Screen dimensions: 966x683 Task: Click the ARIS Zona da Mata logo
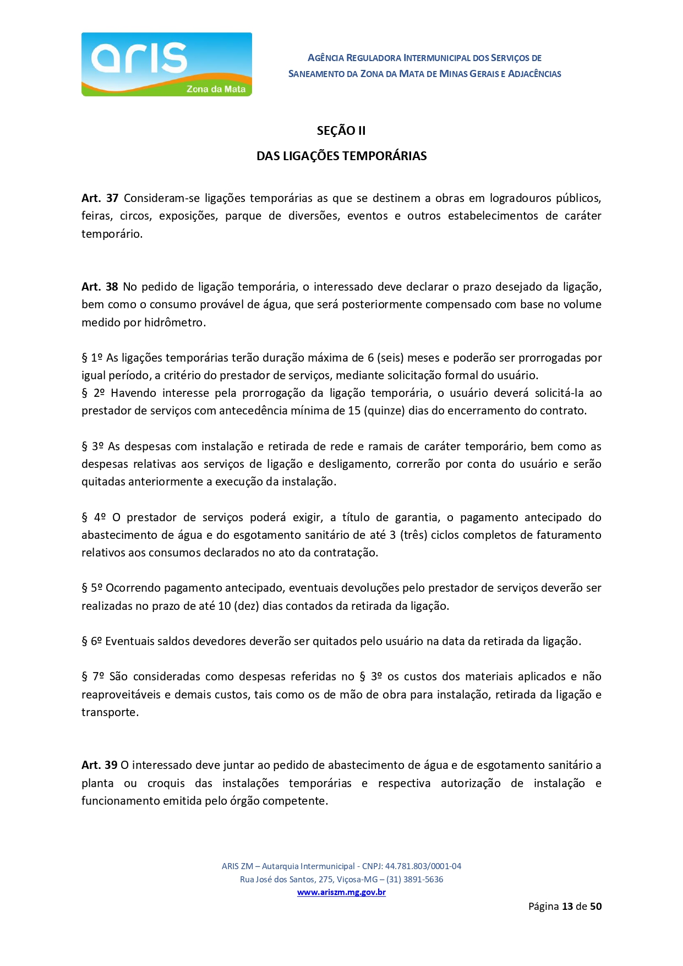[x=166, y=64]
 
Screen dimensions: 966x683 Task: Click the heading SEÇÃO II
[x=341, y=131]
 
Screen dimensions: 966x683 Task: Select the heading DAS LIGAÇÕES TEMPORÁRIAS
[x=341, y=156]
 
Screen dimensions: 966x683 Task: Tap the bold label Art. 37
[x=100, y=198]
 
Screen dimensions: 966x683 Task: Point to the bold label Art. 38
[x=100, y=287]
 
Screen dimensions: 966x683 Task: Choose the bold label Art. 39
[x=99, y=765]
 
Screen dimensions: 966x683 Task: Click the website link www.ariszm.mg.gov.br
[x=341, y=892]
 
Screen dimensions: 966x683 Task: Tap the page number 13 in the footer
[x=567, y=906]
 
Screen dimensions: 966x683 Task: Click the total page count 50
[x=595, y=906]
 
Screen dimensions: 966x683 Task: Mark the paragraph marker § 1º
[x=92, y=358]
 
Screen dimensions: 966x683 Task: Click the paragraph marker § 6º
[x=92, y=641]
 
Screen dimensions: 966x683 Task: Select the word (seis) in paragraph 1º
[x=390, y=358]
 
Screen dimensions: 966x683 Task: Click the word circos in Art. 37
[x=135, y=216]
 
